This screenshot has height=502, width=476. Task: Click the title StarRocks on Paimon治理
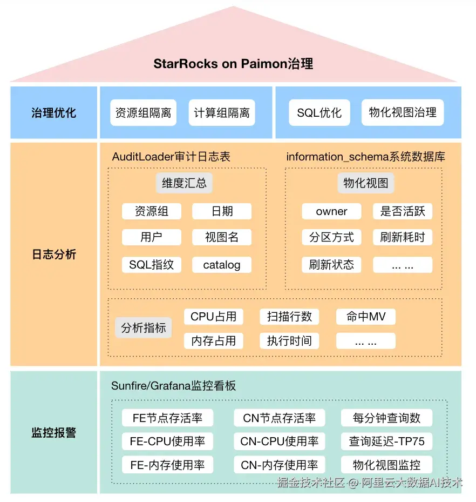(x=233, y=64)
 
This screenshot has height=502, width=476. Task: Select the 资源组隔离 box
(x=143, y=112)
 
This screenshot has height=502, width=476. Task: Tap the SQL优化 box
(x=319, y=112)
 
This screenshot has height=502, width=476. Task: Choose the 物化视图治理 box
(x=403, y=112)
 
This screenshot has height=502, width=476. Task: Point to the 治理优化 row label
(x=54, y=113)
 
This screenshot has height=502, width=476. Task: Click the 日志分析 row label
(x=54, y=255)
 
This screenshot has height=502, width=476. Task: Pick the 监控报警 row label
(x=54, y=432)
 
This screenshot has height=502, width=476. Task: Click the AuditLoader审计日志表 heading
(x=171, y=157)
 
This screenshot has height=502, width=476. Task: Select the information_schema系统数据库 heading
(x=366, y=157)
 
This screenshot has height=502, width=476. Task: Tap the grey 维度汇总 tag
(x=184, y=183)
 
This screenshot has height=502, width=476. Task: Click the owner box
(x=331, y=211)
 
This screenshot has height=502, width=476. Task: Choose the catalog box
(x=222, y=265)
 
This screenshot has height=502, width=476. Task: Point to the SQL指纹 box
(x=152, y=265)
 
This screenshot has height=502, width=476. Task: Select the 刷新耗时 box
(x=403, y=237)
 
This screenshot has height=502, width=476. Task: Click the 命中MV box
(x=366, y=317)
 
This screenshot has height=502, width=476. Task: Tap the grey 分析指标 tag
(x=144, y=327)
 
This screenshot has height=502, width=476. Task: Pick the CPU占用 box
(x=214, y=317)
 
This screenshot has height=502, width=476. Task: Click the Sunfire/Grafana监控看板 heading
(x=174, y=386)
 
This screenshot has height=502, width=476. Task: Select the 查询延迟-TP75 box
(x=386, y=441)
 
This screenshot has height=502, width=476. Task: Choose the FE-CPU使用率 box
(x=167, y=441)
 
